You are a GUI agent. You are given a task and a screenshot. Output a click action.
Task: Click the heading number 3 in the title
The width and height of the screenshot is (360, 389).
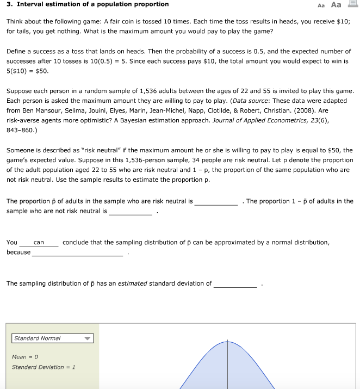pos(8,4)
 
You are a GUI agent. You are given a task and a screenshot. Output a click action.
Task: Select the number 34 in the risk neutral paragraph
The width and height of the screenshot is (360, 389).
pos(201,160)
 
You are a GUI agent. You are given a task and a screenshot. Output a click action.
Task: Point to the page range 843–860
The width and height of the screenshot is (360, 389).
pos(21,129)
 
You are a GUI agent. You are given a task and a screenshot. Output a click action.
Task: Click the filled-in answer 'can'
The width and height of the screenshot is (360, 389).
pos(39,243)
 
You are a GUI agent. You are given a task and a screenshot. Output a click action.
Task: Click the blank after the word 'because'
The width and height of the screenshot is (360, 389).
pos(78,252)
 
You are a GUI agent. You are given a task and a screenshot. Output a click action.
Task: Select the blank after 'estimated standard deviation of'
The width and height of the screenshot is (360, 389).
pos(235,283)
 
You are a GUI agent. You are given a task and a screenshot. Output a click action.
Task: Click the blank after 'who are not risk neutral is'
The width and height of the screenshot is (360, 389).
pos(131,211)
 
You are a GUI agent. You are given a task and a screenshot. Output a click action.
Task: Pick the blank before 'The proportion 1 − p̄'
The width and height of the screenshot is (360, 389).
pos(216,201)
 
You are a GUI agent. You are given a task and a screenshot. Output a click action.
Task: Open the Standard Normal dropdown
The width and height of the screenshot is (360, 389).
pos(53,338)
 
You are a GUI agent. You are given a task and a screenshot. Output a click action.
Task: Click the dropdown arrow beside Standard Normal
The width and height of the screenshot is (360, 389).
pos(87,338)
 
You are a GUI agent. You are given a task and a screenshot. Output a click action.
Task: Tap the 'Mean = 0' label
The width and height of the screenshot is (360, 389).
pos(24,357)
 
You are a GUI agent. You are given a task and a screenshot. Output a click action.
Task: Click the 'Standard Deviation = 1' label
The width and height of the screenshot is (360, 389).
pos(43,367)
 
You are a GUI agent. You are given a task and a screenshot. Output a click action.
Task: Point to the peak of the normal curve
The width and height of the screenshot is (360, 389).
pos(228,342)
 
